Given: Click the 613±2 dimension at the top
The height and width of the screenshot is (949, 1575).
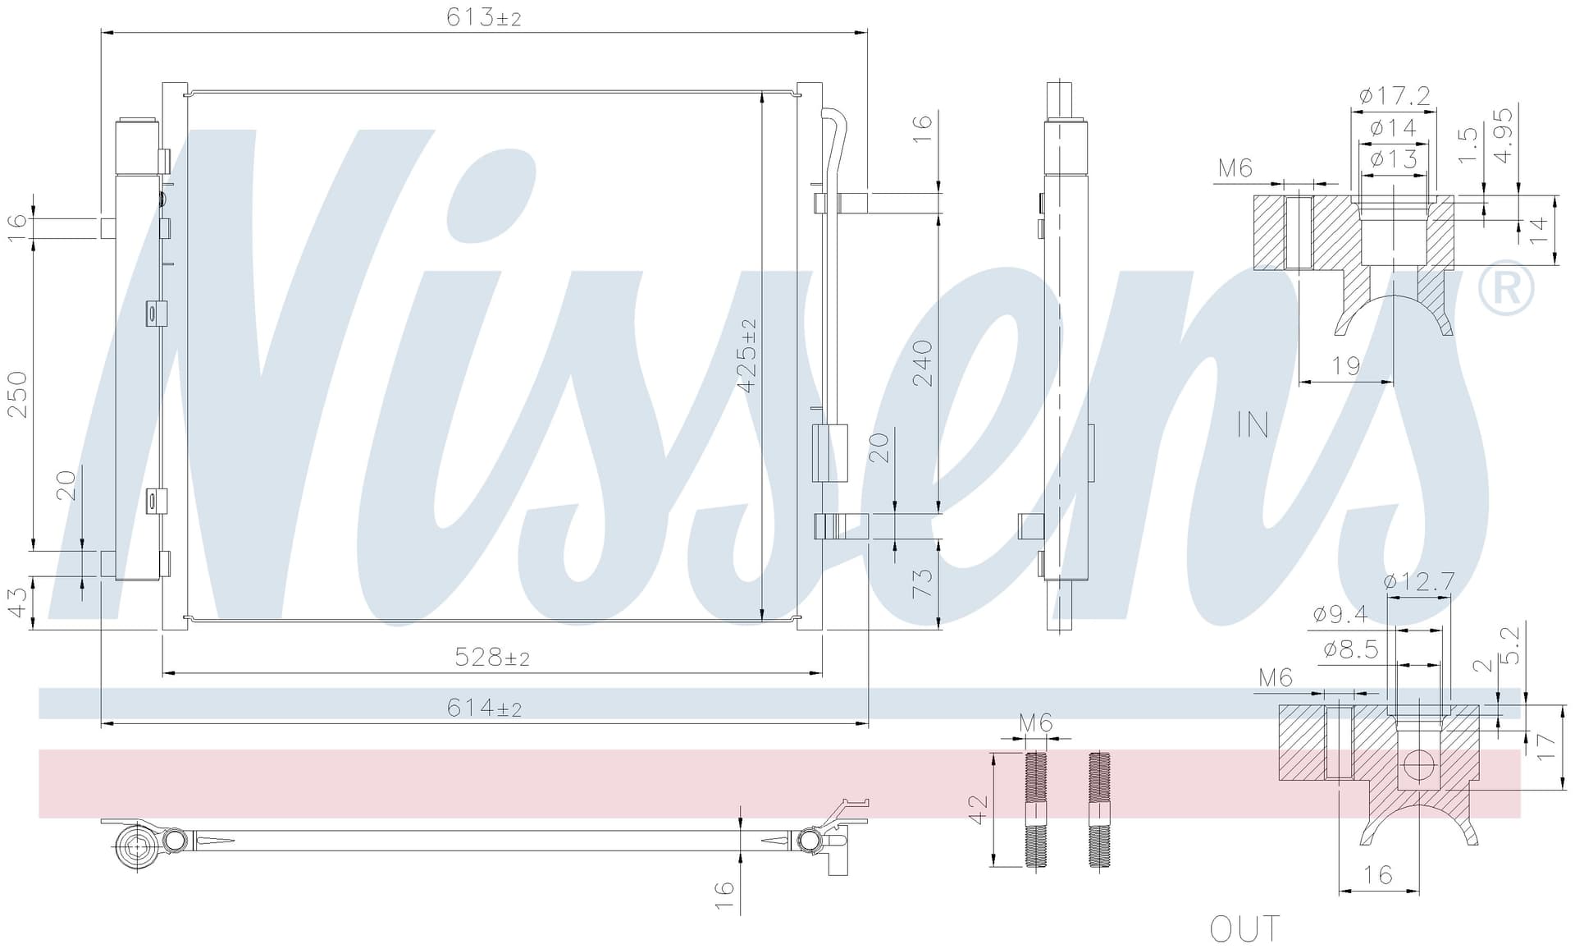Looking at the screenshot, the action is tap(484, 17).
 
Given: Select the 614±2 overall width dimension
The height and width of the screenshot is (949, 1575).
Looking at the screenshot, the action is tap(484, 708).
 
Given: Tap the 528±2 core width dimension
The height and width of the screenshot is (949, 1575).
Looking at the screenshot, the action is tap(492, 658).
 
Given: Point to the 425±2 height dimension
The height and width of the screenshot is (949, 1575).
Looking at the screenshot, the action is tap(747, 355).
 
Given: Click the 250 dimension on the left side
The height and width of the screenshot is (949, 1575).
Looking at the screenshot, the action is tap(17, 395).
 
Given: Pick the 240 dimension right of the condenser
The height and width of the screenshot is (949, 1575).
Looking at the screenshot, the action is tap(923, 364).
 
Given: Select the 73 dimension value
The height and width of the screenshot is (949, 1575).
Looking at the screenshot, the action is tap(923, 583).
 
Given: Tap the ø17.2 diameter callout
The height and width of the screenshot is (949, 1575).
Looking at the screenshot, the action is tap(1395, 96).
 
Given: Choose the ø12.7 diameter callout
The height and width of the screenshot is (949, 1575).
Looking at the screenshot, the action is tap(1419, 582).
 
